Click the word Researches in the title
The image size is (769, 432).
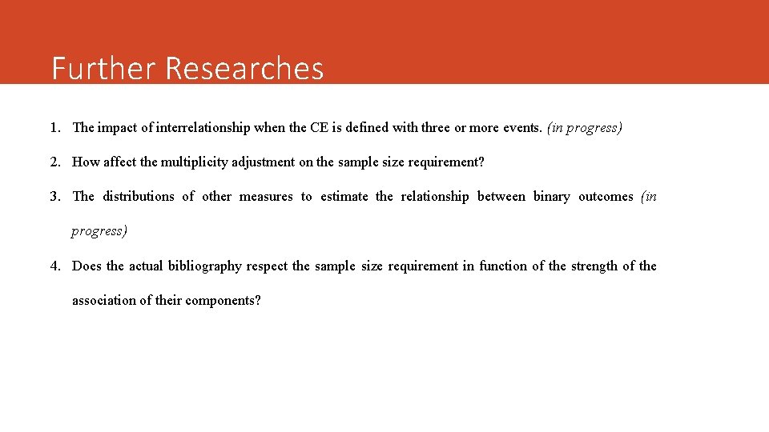coord(244,69)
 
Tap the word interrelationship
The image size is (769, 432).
coord(203,127)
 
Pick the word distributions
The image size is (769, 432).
coord(138,197)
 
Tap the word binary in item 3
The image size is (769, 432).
coord(551,197)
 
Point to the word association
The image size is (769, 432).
coord(105,301)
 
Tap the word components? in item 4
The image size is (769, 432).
coord(223,301)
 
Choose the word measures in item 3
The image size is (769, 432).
coord(266,197)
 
